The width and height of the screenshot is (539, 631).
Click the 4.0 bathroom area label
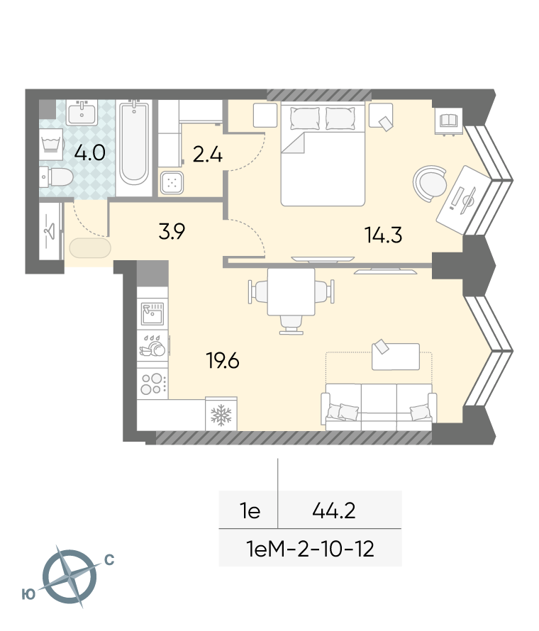pos(90,153)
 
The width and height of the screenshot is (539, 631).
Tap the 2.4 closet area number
pos(208,155)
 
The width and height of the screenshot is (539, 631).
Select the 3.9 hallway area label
pos(172,231)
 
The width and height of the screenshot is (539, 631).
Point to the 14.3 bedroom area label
pos(383,235)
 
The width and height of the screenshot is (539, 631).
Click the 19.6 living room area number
pos(223,360)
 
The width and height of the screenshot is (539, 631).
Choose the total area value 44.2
pos(334,511)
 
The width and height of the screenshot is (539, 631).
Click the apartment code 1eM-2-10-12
pos(310,549)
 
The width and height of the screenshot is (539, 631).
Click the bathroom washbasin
pos(82,112)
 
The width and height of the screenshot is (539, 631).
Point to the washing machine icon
pos(51,145)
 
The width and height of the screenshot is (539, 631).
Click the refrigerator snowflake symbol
pos(221,415)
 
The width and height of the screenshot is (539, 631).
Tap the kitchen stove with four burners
pos(152,384)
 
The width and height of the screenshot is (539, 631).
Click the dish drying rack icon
pos(152,346)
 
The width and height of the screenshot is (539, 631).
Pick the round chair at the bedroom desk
pos(430,184)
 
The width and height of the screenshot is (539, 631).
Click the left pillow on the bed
pos(305,118)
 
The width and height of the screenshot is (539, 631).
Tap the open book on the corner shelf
pos(448,121)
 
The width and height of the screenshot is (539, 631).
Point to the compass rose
pos(70,576)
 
